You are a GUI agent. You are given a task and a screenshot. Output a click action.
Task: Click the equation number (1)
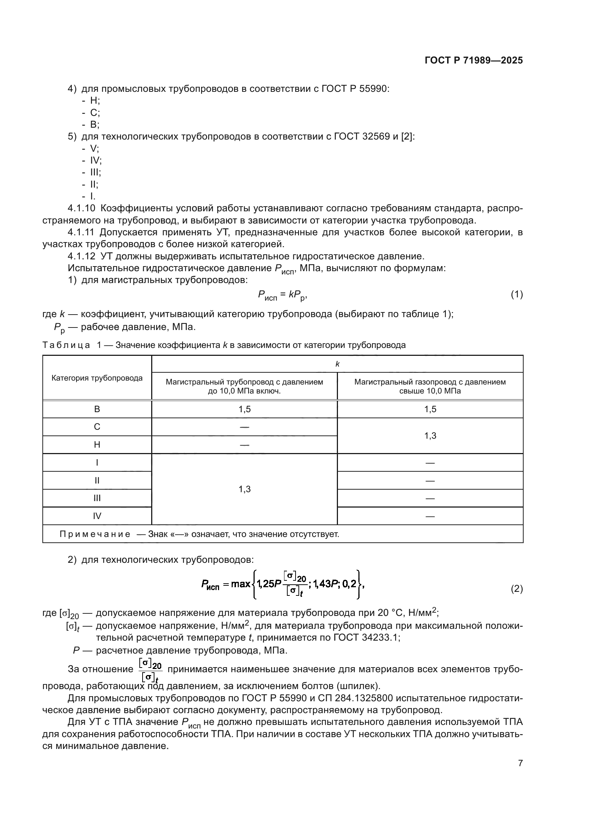516,294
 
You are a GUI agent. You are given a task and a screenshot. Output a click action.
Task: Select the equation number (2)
516,589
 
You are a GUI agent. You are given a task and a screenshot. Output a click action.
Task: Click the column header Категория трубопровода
97,378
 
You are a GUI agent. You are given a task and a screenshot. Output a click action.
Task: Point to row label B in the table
97,409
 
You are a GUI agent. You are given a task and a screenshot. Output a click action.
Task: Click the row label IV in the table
97,516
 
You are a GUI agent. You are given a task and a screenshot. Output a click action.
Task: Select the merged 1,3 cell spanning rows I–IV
244,489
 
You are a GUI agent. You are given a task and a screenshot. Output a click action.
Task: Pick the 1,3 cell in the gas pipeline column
430,435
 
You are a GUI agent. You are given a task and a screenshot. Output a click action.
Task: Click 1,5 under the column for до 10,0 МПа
244,409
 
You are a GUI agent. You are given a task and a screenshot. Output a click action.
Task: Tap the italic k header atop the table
337,364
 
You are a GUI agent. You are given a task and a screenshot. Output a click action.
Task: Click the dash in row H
244,445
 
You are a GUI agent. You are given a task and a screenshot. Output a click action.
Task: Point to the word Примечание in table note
95,534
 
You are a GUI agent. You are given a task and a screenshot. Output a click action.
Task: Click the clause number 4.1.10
81,209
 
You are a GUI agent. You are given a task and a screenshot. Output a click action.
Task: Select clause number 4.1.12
81,256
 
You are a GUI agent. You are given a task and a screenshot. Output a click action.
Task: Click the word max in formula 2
240,584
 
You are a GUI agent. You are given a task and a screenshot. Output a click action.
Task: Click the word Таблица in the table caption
66,345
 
